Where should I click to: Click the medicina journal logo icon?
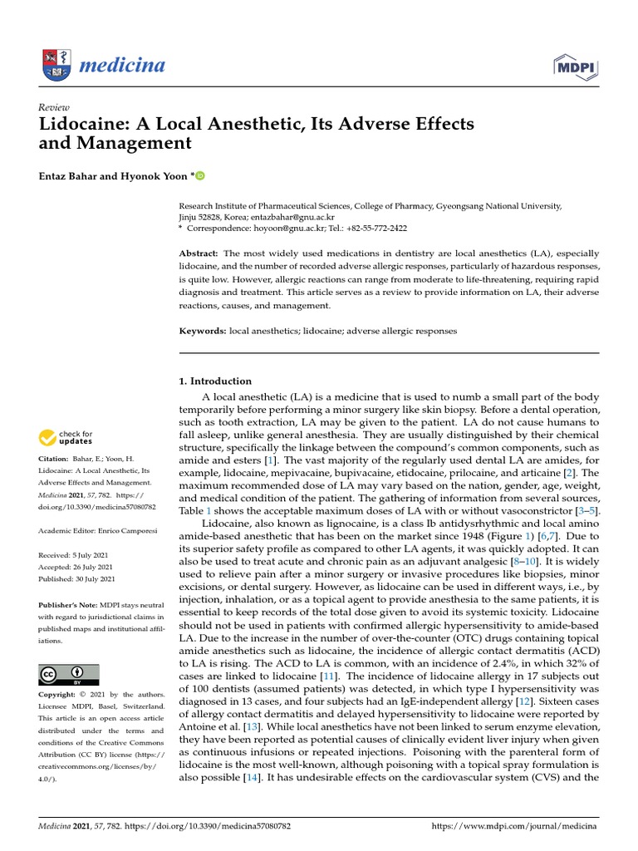point(56,65)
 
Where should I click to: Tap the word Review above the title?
point(54,107)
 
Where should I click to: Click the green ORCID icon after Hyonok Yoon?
point(200,175)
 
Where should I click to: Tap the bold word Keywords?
point(203,331)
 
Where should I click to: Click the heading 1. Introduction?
point(215,381)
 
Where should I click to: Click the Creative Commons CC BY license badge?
point(68,674)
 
